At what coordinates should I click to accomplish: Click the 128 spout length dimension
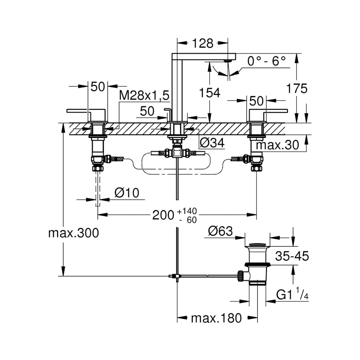click(203, 43)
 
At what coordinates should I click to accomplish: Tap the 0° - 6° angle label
click(267, 61)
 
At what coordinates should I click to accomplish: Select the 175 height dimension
click(297, 88)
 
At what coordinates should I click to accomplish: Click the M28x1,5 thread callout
click(144, 96)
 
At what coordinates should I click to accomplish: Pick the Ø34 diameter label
click(212, 143)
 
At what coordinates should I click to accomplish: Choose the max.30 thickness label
click(277, 145)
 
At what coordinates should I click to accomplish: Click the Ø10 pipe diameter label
click(127, 193)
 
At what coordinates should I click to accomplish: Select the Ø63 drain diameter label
click(220, 231)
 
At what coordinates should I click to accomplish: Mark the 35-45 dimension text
click(292, 256)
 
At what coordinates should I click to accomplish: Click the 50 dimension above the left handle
click(97, 87)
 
